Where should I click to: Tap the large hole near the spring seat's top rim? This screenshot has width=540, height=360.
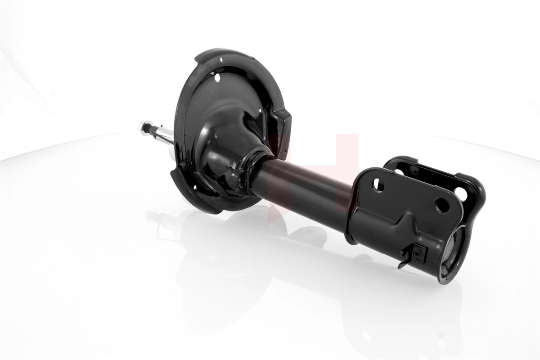[x=218, y=77]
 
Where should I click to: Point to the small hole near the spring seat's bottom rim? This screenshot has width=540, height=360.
[x=195, y=188]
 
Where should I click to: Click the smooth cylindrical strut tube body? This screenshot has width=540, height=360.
[x=306, y=184]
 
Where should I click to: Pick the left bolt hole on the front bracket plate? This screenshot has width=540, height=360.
[x=378, y=185]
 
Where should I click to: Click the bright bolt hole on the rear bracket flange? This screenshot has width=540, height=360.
[x=461, y=193]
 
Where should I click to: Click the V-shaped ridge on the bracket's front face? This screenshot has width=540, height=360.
[x=407, y=220]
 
